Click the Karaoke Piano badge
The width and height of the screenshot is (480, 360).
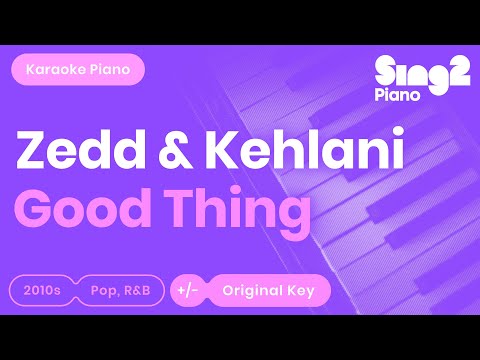coord(76,71)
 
